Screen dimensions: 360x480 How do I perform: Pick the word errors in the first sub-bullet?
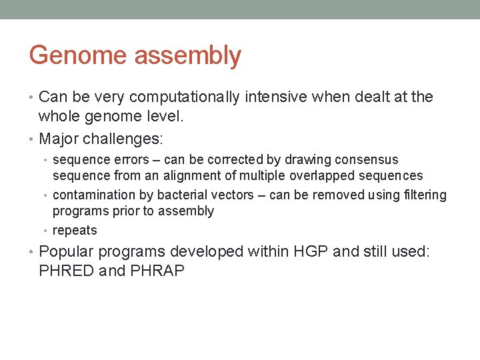click(x=131, y=160)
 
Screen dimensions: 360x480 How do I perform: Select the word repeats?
click(x=75, y=231)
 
